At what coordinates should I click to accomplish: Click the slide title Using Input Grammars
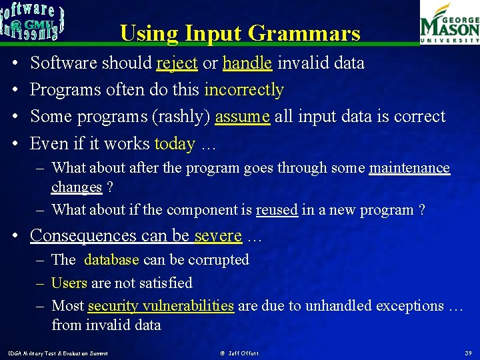click(x=240, y=33)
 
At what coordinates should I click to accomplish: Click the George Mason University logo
click(x=449, y=23)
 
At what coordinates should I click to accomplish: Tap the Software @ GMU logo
click(x=32, y=22)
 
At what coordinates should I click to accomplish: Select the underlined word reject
click(x=177, y=63)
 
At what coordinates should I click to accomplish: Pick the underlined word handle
click(x=247, y=63)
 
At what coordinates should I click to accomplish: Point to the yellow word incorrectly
click(x=244, y=90)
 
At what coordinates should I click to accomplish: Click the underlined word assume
click(x=243, y=117)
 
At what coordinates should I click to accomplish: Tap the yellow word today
click(x=175, y=144)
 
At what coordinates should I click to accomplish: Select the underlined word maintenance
click(x=409, y=168)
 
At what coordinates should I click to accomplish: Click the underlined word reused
click(x=277, y=210)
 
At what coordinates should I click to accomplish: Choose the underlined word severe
click(x=218, y=236)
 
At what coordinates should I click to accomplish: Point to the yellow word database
click(x=111, y=260)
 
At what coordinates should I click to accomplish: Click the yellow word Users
click(x=69, y=283)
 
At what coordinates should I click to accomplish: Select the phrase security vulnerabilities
click(x=161, y=306)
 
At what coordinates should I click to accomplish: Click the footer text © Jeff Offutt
click(x=239, y=352)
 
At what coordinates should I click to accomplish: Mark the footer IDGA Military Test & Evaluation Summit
click(x=57, y=352)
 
